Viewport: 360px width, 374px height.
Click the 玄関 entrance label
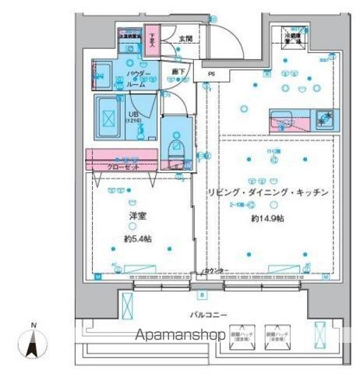[185, 38]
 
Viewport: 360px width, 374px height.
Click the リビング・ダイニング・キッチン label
[266, 192]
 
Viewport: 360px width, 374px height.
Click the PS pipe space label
[212, 76]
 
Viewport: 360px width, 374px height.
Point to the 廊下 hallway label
[178, 72]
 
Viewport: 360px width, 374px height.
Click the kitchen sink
[281, 120]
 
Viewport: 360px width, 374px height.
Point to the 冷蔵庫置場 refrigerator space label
[291, 37]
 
